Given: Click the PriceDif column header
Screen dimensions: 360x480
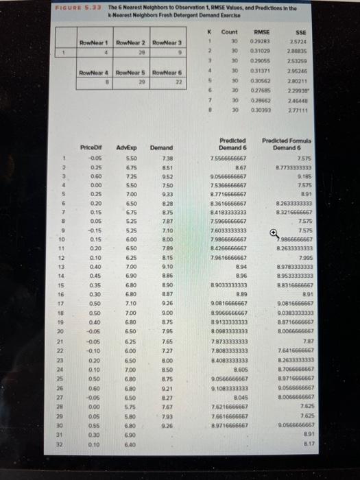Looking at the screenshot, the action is tap(91, 147).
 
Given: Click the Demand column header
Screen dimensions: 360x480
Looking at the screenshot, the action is tap(160, 147).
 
